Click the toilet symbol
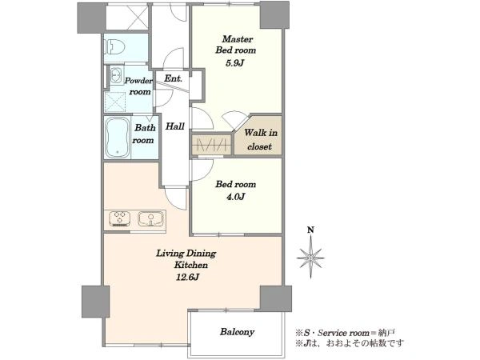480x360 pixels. [x=115, y=47]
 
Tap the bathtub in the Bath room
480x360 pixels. [x=118, y=137]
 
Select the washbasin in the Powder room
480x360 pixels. [x=115, y=74]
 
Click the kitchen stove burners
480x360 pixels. [x=120, y=219]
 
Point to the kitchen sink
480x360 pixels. [x=150, y=219]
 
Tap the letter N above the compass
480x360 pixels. [x=310, y=230]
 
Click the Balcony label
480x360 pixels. [x=237, y=332]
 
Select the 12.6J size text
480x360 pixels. [x=188, y=278]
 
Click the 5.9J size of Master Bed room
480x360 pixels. [x=234, y=63]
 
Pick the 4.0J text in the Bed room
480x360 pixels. [x=235, y=197]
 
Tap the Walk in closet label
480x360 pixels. [x=261, y=139]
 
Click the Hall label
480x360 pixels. [x=174, y=126]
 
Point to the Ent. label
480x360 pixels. [x=173, y=78]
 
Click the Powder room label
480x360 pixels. [x=138, y=86]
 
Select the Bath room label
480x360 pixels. [x=143, y=134]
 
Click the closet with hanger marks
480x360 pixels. [x=211, y=144]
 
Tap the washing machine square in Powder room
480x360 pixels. [x=114, y=102]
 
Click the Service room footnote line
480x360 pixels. [x=346, y=333]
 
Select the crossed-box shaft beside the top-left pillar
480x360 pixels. [x=126, y=16]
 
